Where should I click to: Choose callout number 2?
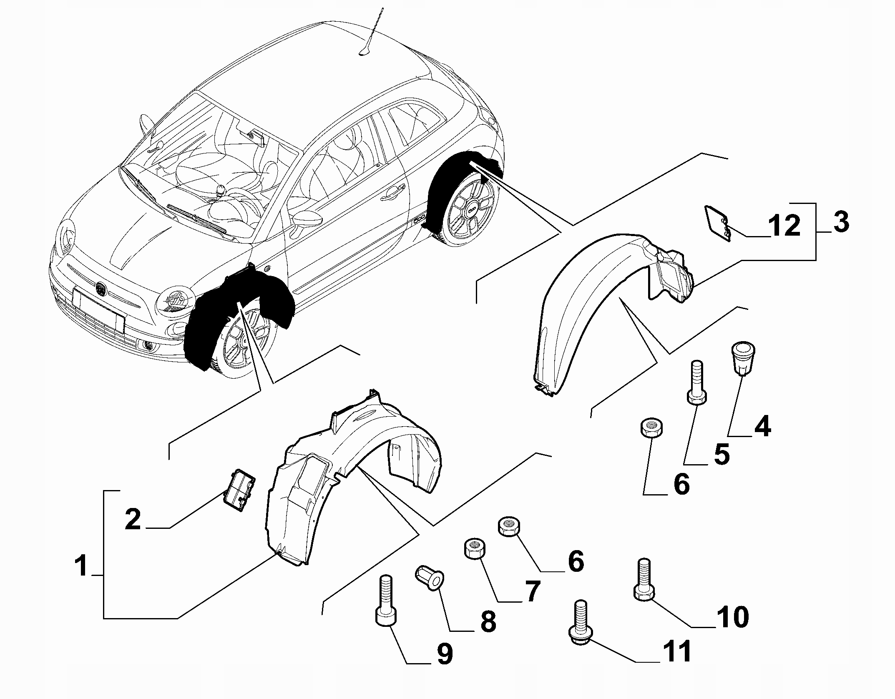[x=133, y=519]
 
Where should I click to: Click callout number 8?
[x=488, y=621]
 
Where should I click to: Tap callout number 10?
[x=733, y=616]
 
